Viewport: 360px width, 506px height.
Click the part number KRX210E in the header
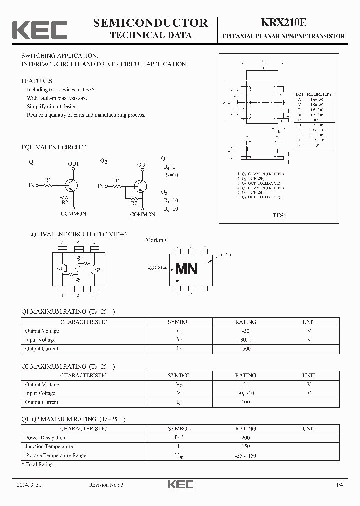point(283,23)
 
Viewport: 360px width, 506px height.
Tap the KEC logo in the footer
point(179,485)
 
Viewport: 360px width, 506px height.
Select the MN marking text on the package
point(186,269)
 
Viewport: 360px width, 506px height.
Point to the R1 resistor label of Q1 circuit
point(48,180)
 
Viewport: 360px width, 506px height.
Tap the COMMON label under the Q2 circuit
point(143,214)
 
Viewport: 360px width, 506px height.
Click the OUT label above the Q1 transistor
point(73,164)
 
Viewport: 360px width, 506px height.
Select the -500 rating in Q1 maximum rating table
point(245,349)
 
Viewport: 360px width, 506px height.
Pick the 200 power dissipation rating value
point(245,438)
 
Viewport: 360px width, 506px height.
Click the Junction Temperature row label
point(49,447)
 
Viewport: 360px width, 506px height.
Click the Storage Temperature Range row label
point(56,456)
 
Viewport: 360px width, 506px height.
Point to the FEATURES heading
point(37,81)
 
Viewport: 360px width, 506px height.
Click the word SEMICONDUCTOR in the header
point(150,23)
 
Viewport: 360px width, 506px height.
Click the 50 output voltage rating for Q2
point(245,385)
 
